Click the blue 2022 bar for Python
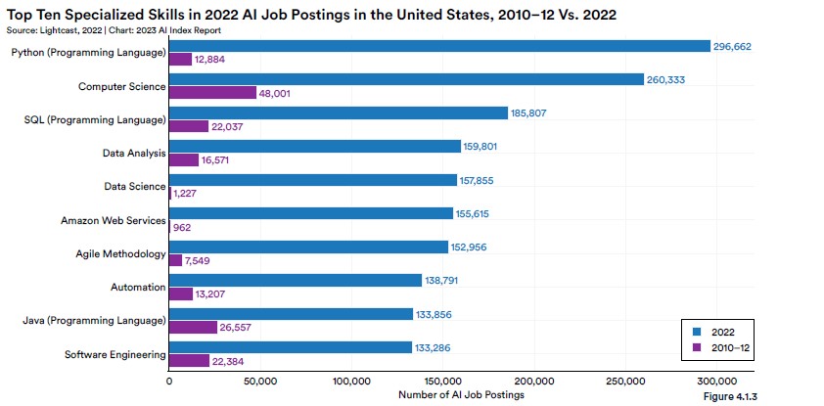pos(439,46)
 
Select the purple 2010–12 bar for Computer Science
pos(212,93)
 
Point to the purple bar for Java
pos(193,327)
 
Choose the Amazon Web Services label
pos(114,220)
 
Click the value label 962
pos(181,227)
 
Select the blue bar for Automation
pos(296,281)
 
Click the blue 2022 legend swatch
pos(697,332)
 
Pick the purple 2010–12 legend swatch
pos(697,346)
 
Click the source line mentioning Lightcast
pos(114,30)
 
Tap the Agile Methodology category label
pos(121,254)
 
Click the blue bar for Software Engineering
pos(290,347)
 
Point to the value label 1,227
pos(186,194)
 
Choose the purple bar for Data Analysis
pos(184,159)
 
